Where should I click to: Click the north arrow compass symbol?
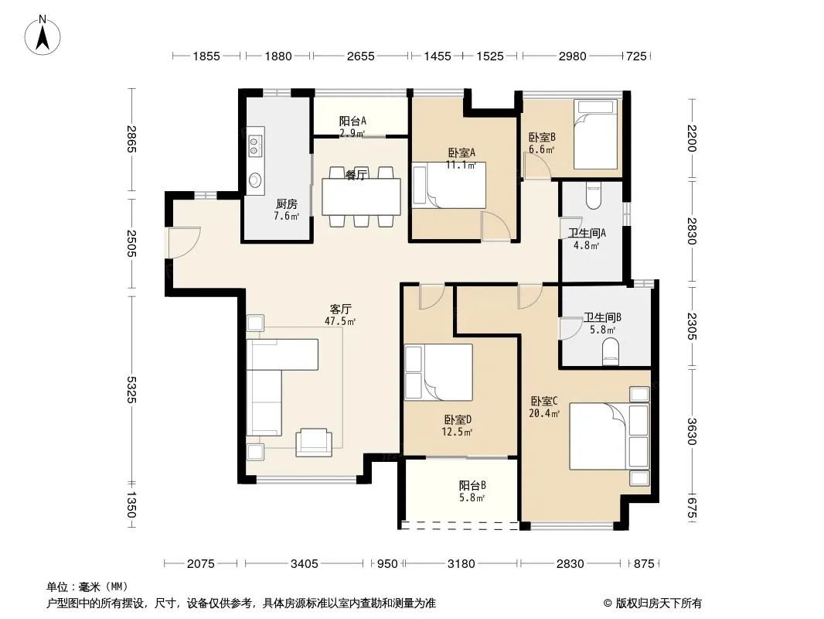pyautogui.click(x=43, y=36)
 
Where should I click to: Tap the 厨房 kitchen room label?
pyautogui.click(x=287, y=204)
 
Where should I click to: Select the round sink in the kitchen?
pyautogui.click(x=255, y=180)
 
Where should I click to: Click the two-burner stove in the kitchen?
pyautogui.click(x=255, y=145)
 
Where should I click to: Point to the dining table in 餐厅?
pyautogui.click(x=362, y=197)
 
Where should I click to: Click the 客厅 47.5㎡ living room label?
pyautogui.click(x=341, y=315)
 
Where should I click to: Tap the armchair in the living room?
pyautogui.click(x=314, y=443)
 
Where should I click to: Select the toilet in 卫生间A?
pyautogui.click(x=594, y=197)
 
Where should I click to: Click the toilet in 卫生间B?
pyautogui.click(x=611, y=351)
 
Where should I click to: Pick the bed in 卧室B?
pyautogui.click(x=595, y=135)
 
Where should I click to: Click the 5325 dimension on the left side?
pyautogui.click(x=131, y=390)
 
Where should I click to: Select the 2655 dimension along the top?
pyautogui.click(x=360, y=56)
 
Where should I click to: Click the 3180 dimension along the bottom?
pyautogui.click(x=461, y=564)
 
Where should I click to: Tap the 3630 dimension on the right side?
pyautogui.click(x=692, y=431)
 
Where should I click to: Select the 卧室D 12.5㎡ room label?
pyautogui.click(x=457, y=426)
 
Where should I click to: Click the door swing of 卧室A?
pyautogui.click(x=496, y=227)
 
